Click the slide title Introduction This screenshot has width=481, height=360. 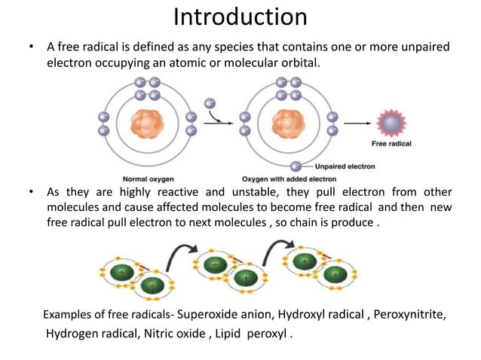pos(240,17)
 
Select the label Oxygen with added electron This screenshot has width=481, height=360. pos(289,179)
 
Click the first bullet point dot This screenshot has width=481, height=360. pos(30,48)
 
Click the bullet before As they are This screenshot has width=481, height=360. pos(30,191)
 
